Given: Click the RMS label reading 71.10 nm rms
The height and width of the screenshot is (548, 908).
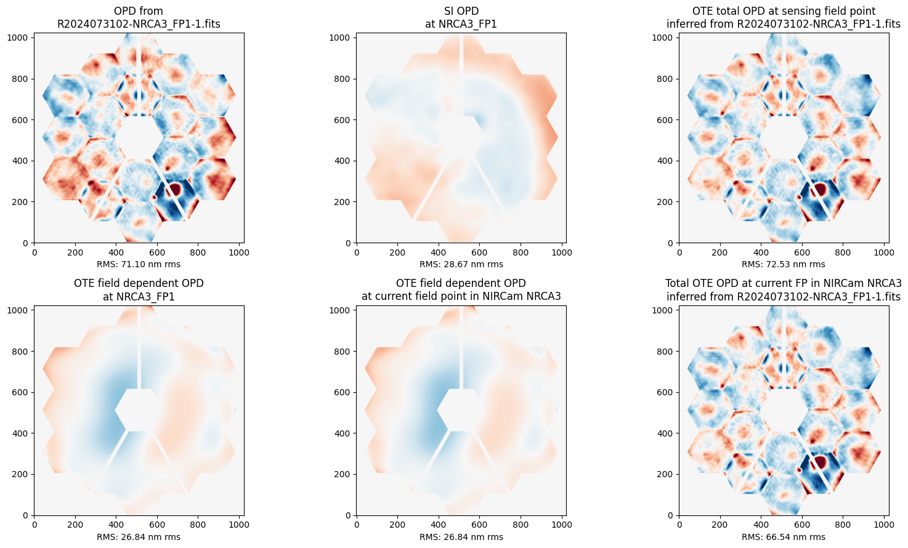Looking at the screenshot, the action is [x=139, y=265].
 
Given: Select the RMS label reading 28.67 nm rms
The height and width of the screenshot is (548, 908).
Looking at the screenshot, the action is [x=461, y=265].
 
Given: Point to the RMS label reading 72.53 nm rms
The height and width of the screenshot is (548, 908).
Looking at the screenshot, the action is [x=784, y=265].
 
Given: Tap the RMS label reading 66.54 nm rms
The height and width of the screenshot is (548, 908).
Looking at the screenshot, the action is [x=784, y=537].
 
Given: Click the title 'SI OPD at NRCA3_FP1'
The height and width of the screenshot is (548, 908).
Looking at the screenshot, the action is [x=461, y=17].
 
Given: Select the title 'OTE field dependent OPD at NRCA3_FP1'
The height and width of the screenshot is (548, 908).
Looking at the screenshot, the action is [x=139, y=290].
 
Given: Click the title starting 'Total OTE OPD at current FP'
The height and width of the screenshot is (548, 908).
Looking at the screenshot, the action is [x=784, y=290].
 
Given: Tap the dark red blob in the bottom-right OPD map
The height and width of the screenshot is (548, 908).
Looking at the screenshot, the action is [x=820, y=461].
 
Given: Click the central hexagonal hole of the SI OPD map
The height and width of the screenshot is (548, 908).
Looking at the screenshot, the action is [x=461, y=137].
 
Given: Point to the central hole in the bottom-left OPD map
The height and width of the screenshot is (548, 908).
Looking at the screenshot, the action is [x=139, y=410].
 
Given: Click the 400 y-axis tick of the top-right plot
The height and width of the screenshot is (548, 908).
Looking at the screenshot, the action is [x=665, y=161].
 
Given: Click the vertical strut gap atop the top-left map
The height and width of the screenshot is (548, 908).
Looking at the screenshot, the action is [x=139, y=75].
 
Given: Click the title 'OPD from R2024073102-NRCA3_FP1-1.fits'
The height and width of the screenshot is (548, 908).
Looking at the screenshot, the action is [x=139, y=17].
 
